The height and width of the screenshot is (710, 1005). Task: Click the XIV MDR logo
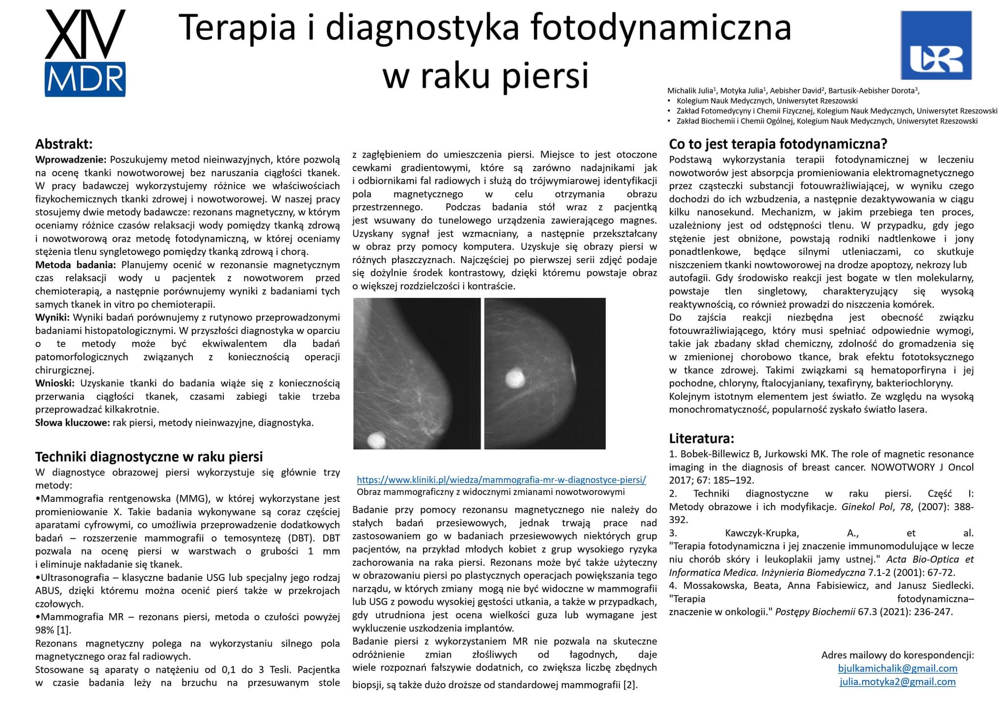click(x=85, y=53)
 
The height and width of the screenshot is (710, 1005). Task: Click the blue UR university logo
click(x=936, y=45)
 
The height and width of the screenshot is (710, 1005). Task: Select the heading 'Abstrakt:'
click(x=64, y=144)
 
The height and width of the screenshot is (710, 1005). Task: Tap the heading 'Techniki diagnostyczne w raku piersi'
click(x=149, y=457)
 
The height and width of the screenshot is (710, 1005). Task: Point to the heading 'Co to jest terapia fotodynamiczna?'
click(x=778, y=144)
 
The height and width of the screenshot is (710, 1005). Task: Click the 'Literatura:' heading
click(x=701, y=438)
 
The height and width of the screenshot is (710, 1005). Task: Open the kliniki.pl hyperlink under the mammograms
click(x=501, y=480)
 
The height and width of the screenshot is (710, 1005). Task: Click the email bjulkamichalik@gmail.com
click(x=898, y=668)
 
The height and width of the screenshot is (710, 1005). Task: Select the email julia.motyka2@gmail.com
click(x=898, y=682)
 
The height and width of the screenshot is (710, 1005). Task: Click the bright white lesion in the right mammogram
click(x=515, y=378)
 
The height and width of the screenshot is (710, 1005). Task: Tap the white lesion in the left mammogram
click(x=376, y=439)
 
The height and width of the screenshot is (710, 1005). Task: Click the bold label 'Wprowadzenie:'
click(x=71, y=160)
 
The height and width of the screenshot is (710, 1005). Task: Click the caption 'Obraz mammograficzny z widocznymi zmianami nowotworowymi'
click(x=491, y=492)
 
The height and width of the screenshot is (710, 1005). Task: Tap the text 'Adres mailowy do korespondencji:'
click(x=898, y=655)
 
